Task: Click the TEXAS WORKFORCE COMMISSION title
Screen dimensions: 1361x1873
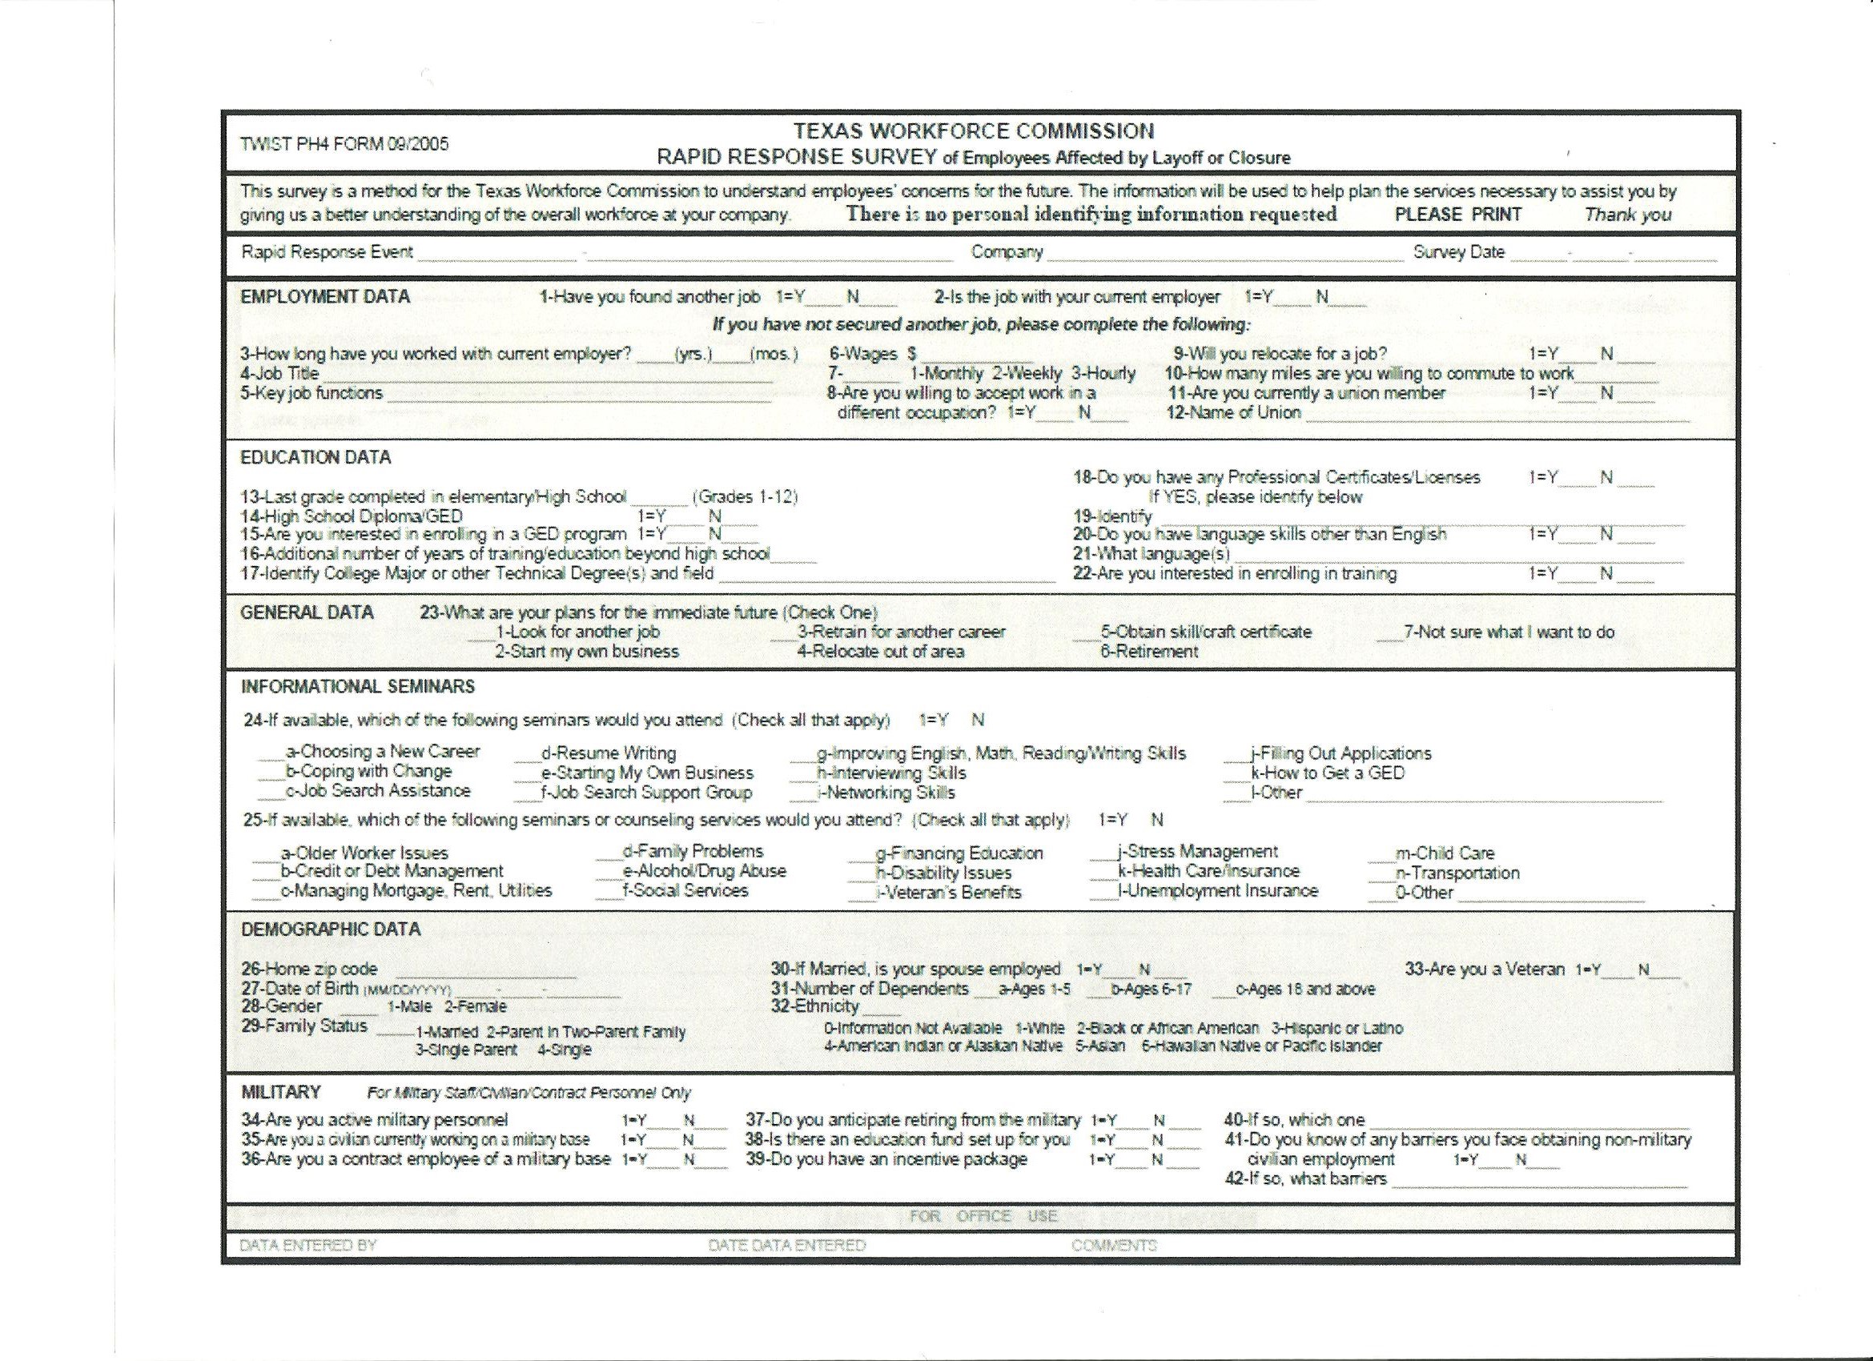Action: coord(974,131)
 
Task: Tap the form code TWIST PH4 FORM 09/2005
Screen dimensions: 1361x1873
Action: coord(344,143)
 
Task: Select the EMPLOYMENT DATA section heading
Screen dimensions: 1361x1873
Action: coord(325,296)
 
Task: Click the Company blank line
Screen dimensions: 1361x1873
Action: coord(1224,255)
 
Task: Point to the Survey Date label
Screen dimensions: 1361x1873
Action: coord(1458,252)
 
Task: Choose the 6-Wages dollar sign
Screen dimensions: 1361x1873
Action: coord(912,355)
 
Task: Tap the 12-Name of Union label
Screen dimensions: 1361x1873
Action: coord(1233,413)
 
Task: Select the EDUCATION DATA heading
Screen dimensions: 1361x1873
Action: coord(316,457)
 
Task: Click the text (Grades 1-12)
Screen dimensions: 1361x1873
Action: coord(745,497)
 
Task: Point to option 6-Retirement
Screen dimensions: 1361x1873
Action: coord(1148,652)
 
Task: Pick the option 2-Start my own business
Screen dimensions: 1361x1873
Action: coord(586,652)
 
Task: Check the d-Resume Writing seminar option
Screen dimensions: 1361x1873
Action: coord(608,753)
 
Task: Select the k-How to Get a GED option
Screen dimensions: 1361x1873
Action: coord(1326,773)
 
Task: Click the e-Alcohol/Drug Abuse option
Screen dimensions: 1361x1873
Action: coord(704,871)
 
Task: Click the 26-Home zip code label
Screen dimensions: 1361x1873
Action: coord(309,969)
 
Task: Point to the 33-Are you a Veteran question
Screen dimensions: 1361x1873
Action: coord(1484,970)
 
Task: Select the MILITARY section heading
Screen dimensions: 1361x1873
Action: coord(281,1092)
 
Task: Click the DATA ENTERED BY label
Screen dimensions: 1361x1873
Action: coord(308,1246)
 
